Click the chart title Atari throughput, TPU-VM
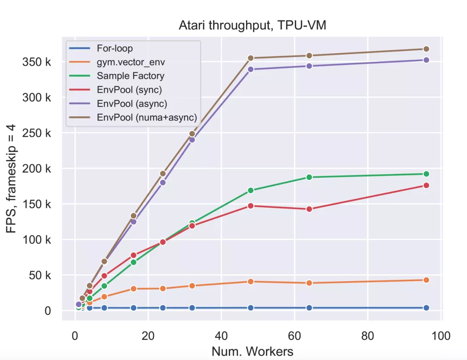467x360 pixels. (x=252, y=26)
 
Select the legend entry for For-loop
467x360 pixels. (x=115, y=48)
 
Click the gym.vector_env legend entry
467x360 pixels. (x=131, y=62)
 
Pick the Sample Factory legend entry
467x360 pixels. (x=130, y=76)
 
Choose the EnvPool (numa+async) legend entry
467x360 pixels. (x=147, y=117)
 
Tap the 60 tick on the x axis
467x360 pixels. (x=294, y=336)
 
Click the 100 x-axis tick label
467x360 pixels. (x=440, y=336)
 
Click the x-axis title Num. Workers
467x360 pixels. (x=252, y=351)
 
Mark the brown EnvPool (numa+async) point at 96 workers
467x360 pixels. (x=426, y=49)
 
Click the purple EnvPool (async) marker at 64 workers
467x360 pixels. (x=309, y=66)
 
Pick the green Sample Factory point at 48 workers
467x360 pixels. (x=250, y=190)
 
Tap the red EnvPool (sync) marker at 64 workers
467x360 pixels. (x=309, y=209)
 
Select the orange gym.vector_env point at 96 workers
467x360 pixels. (x=426, y=280)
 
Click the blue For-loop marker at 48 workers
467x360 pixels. (x=250, y=308)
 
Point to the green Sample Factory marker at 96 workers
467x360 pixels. (x=426, y=174)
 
